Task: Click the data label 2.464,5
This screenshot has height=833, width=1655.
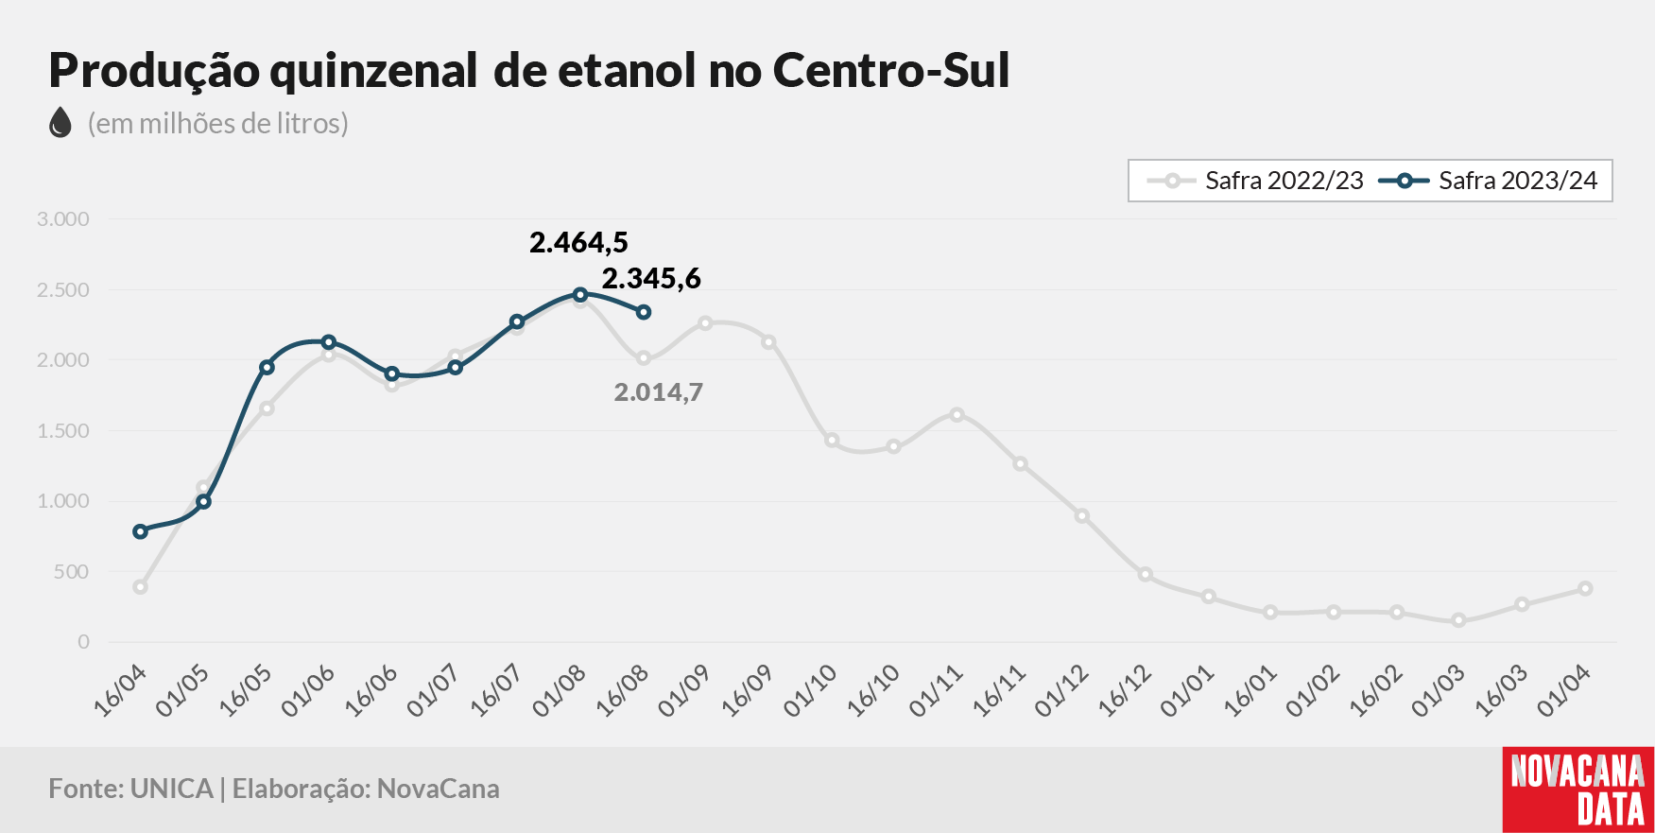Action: (x=578, y=243)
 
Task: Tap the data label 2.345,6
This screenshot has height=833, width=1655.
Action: (x=651, y=279)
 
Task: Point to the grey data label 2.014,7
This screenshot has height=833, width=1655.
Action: (x=659, y=392)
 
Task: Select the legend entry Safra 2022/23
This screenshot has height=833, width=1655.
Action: (x=1254, y=181)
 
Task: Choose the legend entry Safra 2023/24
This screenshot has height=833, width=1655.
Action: (x=1489, y=181)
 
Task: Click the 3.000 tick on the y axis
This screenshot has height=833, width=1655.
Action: (x=63, y=219)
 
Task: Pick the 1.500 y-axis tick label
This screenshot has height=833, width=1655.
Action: (x=63, y=431)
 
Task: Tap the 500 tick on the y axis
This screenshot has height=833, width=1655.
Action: (x=72, y=572)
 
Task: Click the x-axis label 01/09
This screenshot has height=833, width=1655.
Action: (x=683, y=690)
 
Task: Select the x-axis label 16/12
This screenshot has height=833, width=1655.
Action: (x=1124, y=690)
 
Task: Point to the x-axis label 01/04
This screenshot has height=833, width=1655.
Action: (x=1564, y=690)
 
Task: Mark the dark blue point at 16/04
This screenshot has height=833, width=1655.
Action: (x=141, y=531)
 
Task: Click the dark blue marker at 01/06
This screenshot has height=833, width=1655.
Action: (x=329, y=342)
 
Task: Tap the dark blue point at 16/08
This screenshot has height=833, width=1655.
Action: (x=644, y=312)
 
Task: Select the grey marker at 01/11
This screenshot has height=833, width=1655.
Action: (x=957, y=414)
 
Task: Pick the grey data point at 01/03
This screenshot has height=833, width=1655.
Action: (x=1459, y=620)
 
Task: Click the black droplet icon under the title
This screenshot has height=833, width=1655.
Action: (x=60, y=123)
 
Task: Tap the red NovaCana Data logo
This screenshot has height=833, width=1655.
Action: (x=1578, y=790)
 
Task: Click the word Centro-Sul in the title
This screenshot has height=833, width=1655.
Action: (x=891, y=70)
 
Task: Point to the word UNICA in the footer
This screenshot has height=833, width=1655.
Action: (x=172, y=789)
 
